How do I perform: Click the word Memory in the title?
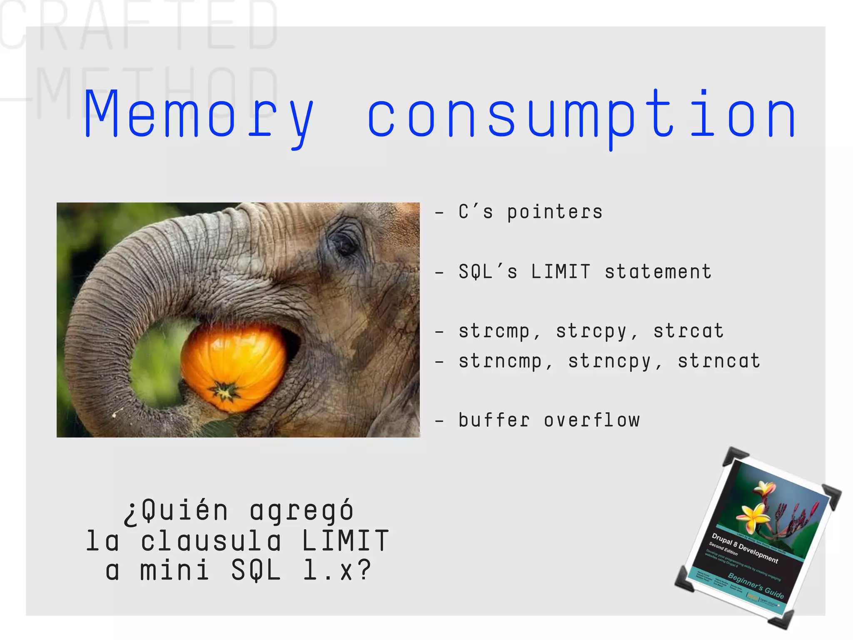tap(199, 115)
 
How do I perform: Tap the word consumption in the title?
tap(582, 115)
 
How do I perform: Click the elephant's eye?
tap(344, 245)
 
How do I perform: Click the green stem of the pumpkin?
tap(225, 392)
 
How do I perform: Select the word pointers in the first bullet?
tap(554, 212)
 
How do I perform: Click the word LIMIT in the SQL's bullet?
tap(561, 272)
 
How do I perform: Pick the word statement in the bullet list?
tap(658, 272)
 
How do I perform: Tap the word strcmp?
tap(494, 332)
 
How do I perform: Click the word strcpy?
tap(591, 332)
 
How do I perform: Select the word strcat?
tap(688, 332)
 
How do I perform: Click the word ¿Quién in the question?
tap(176, 511)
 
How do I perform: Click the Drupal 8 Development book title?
tap(745, 548)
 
